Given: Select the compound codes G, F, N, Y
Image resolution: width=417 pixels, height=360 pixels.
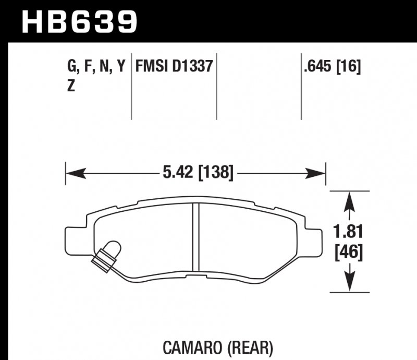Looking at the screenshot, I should point(97,67).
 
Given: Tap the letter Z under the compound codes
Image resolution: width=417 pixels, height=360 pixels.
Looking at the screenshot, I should point(71,87).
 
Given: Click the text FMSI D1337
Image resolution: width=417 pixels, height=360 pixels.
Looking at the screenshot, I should point(174,67).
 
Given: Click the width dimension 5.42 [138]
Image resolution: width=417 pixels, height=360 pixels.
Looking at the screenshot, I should point(197,172).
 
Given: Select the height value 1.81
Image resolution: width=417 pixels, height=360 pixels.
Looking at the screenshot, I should point(348,232).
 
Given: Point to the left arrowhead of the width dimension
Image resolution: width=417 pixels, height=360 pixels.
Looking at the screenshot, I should point(72,172).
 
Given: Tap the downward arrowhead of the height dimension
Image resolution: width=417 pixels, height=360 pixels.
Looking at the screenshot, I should point(348,285).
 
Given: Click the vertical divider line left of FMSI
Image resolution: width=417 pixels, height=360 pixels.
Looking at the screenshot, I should point(131,86).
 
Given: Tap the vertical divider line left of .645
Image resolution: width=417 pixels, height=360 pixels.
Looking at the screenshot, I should point(301,86).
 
